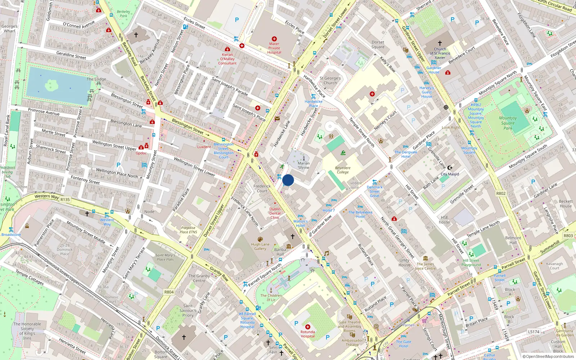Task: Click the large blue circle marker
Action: (288, 180)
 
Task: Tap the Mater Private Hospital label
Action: (274, 48)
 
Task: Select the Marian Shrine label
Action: (303, 165)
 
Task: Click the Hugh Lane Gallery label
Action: (260, 246)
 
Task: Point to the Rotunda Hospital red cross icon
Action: (307, 327)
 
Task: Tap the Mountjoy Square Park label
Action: (508, 123)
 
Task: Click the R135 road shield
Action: (65, 199)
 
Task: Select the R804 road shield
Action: (169, 292)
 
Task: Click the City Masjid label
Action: (450, 174)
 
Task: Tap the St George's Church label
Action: (330, 80)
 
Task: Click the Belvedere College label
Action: (343, 170)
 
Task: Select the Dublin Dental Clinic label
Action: (275, 213)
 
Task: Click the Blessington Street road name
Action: (188, 126)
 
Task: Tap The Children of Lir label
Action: (271, 297)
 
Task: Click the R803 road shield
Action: (568, 235)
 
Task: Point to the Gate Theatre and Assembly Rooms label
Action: (350, 327)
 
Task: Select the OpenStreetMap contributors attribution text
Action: (548, 356)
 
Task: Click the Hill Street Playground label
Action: (471, 262)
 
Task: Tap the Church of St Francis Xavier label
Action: (440, 53)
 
